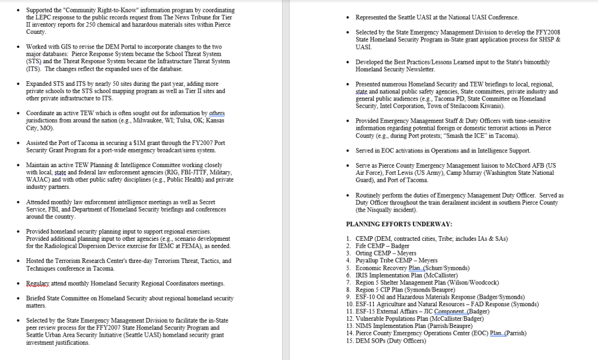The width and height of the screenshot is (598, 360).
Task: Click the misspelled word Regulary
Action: point(38,283)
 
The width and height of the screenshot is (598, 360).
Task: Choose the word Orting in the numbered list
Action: point(364,253)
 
